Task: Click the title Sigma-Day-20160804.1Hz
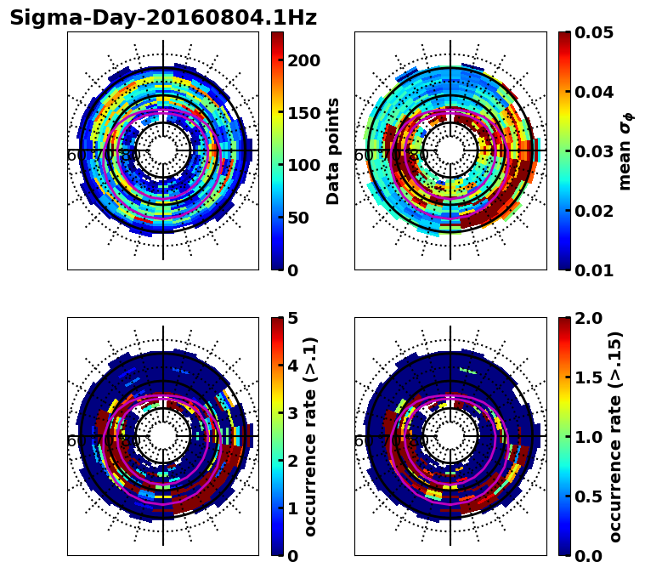162,18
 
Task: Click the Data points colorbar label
333,150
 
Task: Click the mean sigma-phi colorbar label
625,150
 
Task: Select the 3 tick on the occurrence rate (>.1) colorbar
291,413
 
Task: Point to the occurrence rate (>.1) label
310,436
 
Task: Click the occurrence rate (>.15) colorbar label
615,436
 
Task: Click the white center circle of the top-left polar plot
163,150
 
